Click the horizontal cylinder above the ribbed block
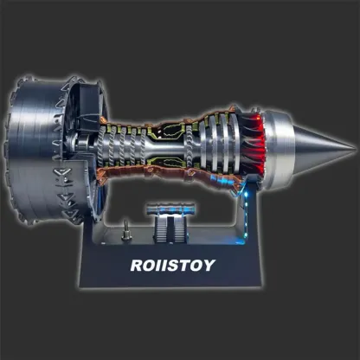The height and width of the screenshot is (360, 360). [170, 208]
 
